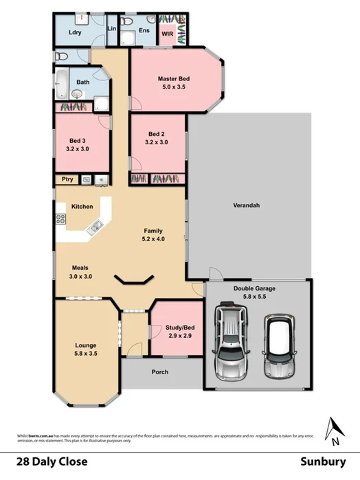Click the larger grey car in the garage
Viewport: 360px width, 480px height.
click(x=231, y=340)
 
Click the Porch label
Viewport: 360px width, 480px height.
click(x=161, y=372)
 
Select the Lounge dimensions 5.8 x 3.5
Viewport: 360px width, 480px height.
click(x=87, y=354)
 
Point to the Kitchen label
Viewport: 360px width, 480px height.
click(x=82, y=206)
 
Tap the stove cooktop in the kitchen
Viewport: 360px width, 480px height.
click(x=60, y=220)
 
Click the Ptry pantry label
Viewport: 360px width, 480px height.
click(x=67, y=180)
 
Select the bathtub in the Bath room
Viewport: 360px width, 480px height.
click(x=61, y=86)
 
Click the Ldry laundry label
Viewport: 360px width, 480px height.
click(x=75, y=32)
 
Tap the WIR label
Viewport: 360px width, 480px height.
click(x=167, y=33)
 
